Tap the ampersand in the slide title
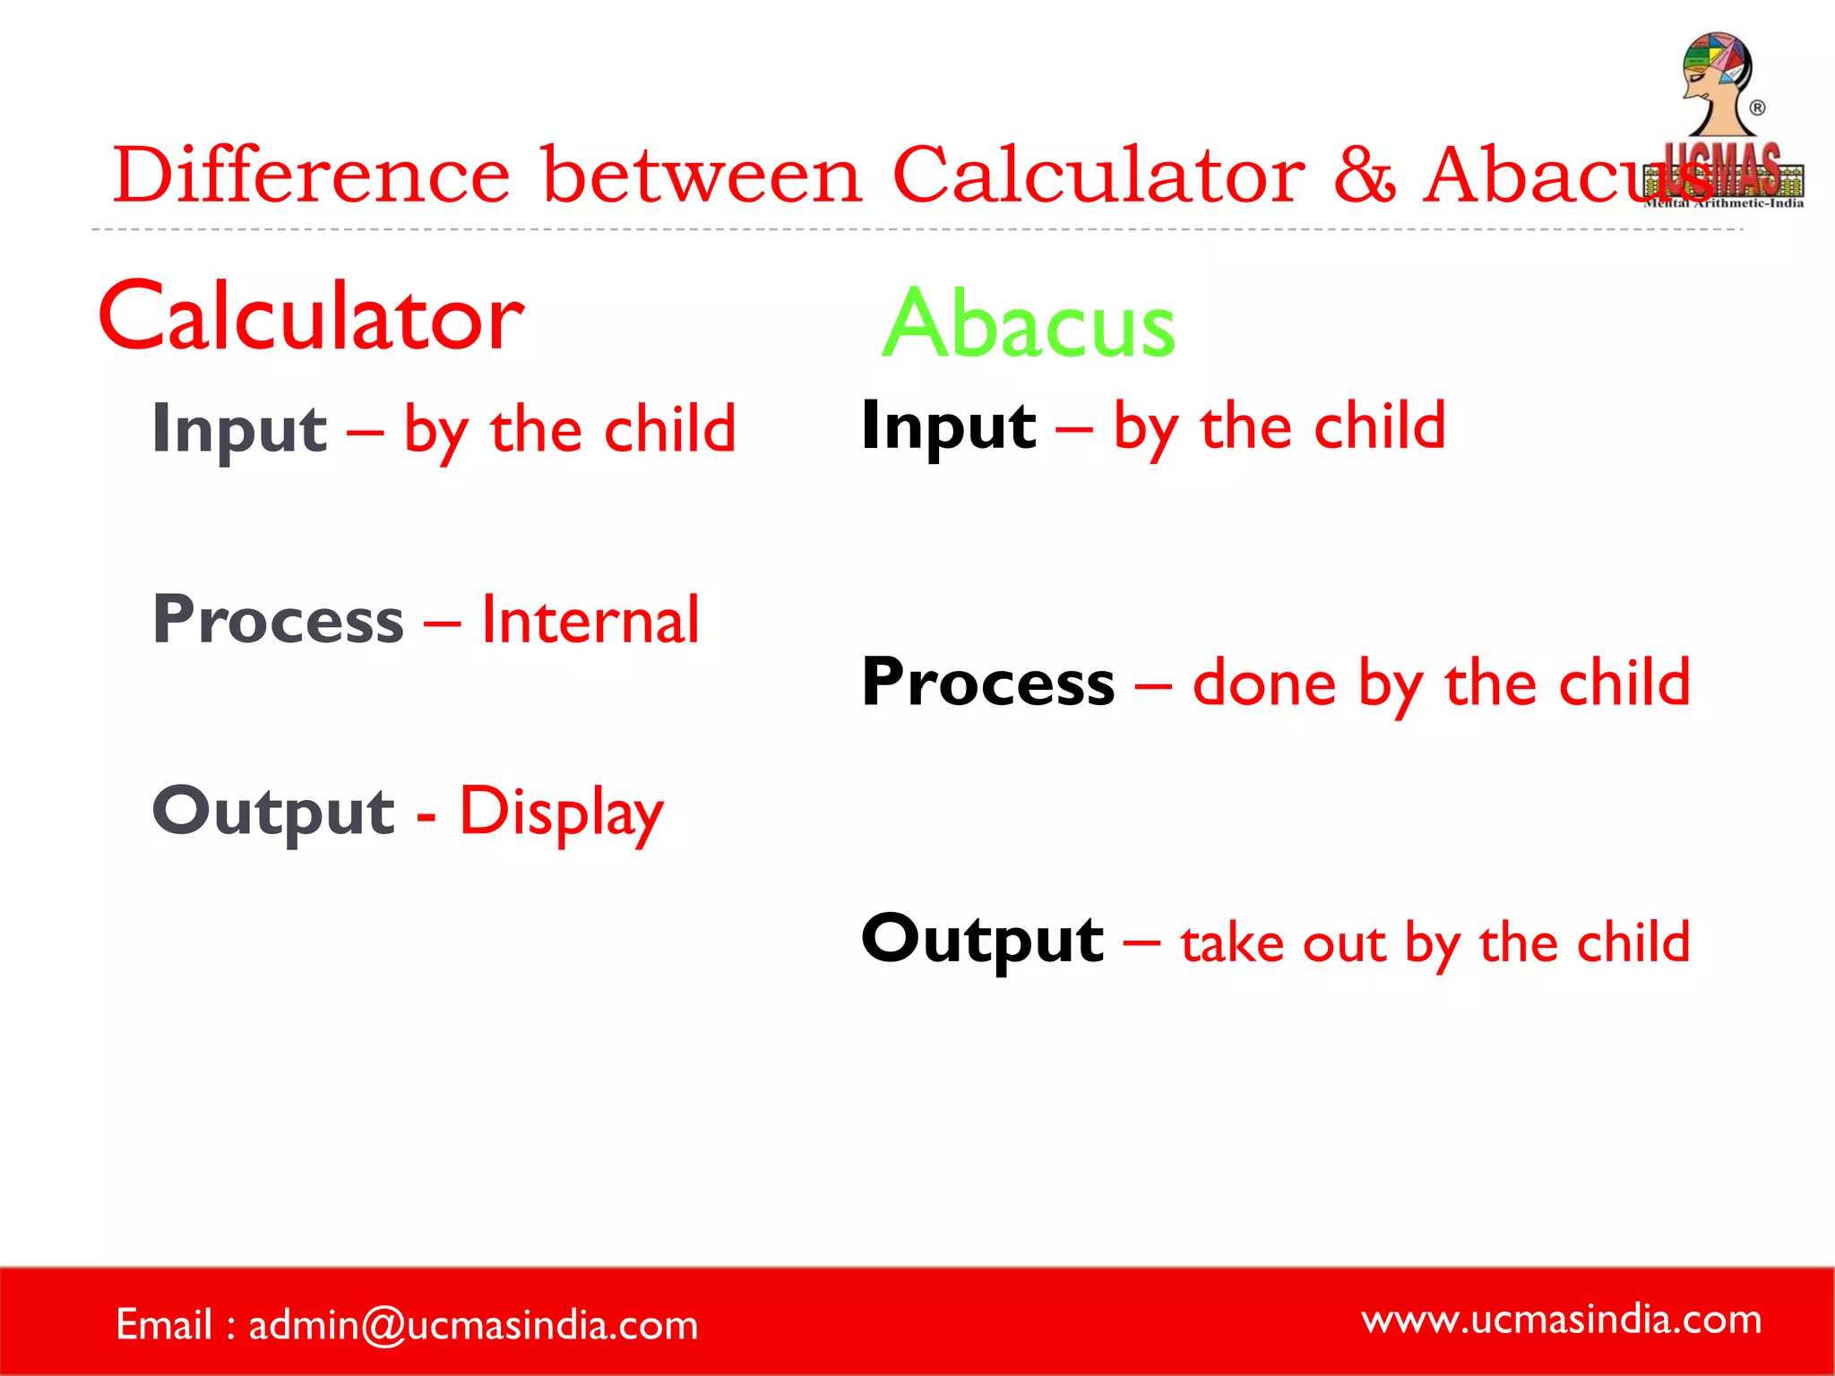pyautogui.click(x=1364, y=175)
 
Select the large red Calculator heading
pyautogui.click(x=311, y=317)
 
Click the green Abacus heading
pyautogui.click(x=1029, y=324)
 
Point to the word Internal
pyautogui.click(x=590, y=620)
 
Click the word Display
pyautogui.click(x=561, y=812)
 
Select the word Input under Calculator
pyautogui.click(x=239, y=430)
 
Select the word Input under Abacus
pyautogui.click(x=948, y=426)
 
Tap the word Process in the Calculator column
pyautogui.click(x=278, y=620)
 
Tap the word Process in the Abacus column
pyautogui.click(x=987, y=683)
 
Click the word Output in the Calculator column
pyautogui.click(x=273, y=812)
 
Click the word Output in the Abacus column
pyautogui.click(x=982, y=940)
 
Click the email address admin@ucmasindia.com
pyautogui.click(x=472, y=1325)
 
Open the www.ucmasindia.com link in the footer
pyautogui.click(x=1561, y=1320)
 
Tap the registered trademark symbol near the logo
pyautogui.click(x=1757, y=108)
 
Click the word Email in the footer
pyautogui.click(x=164, y=1325)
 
